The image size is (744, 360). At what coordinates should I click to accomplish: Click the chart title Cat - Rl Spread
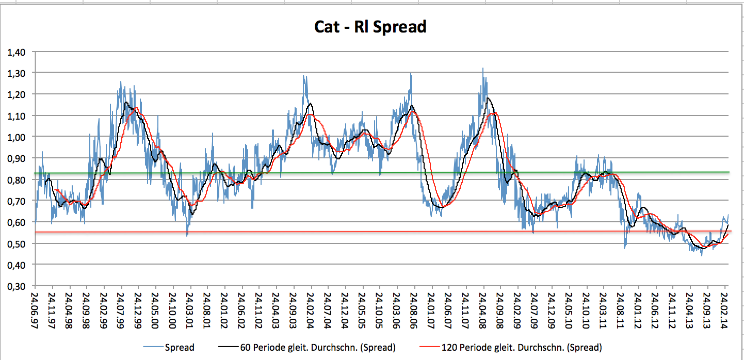pyautogui.click(x=370, y=26)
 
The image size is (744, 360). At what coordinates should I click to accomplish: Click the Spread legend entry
pyautogui.click(x=179, y=347)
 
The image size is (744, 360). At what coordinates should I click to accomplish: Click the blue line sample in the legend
pyautogui.click(x=152, y=347)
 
